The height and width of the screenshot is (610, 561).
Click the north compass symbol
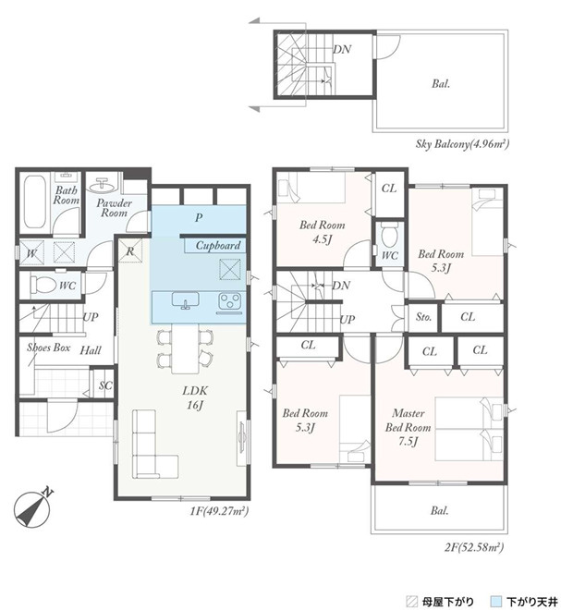(x=32, y=507)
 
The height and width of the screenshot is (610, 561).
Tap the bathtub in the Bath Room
(x=35, y=202)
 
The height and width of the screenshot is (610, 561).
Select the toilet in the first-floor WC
(x=39, y=286)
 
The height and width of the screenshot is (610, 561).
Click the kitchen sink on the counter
(x=185, y=300)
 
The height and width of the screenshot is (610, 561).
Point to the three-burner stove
(x=229, y=302)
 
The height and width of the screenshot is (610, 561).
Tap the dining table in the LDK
(x=185, y=348)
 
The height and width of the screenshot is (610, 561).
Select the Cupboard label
(x=218, y=245)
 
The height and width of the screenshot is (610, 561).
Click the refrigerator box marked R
(x=130, y=250)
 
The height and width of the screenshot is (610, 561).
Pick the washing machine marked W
(x=31, y=253)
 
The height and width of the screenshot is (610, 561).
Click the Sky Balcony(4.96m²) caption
(x=462, y=144)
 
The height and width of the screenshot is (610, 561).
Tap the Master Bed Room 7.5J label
(x=408, y=427)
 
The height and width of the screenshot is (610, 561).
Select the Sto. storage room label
(x=423, y=317)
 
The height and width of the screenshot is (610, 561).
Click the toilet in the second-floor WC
(x=389, y=235)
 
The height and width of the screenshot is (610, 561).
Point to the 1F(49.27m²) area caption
(x=219, y=510)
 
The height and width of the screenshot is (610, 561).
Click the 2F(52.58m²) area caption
(x=474, y=547)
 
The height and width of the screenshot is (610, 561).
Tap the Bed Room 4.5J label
(x=323, y=232)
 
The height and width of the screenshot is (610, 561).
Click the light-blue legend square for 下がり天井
(x=496, y=601)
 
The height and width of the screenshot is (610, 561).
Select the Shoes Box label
(x=48, y=348)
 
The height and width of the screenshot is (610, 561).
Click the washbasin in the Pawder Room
(x=103, y=186)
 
